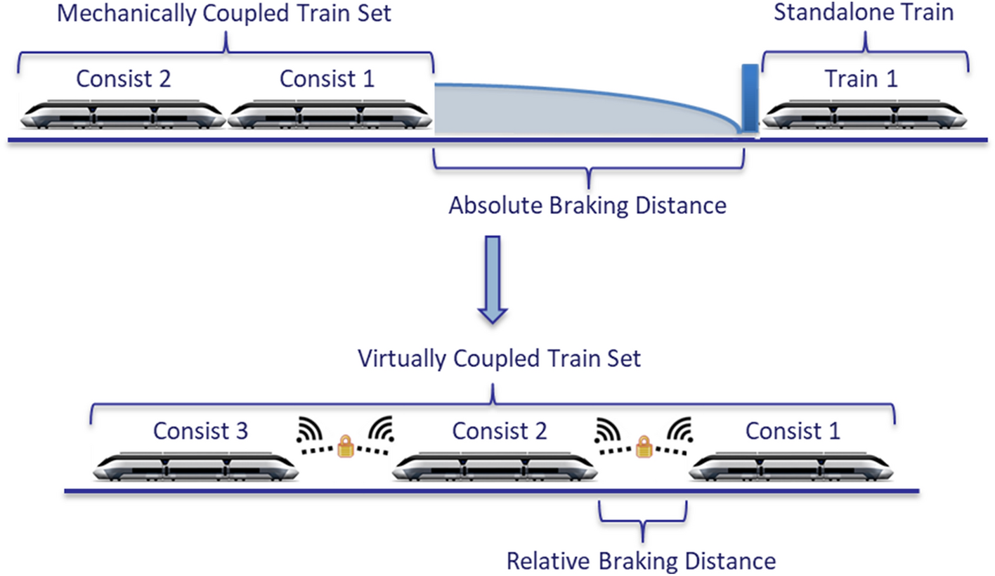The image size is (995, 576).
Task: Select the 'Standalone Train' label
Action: pyautogui.click(x=864, y=13)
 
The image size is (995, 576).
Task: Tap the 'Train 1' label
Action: pyautogui.click(x=861, y=79)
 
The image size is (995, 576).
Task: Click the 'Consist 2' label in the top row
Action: pyautogui.click(x=124, y=79)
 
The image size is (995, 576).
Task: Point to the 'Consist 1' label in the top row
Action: pyautogui.click(x=327, y=79)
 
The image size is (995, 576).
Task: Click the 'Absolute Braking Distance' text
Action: pyautogui.click(x=587, y=206)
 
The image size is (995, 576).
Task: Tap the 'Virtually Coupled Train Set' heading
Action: pyautogui.click(x=500, y=358)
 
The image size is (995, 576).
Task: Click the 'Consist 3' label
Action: pyautogui.click(x=200, y=430)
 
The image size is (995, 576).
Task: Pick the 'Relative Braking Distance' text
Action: pyautogui.click(x=641, y=561)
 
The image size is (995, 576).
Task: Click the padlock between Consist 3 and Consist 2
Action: pyautogui.click(x=345, y=447)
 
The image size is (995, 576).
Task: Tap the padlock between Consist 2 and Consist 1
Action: pyautogui.click(x=642, y=447)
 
